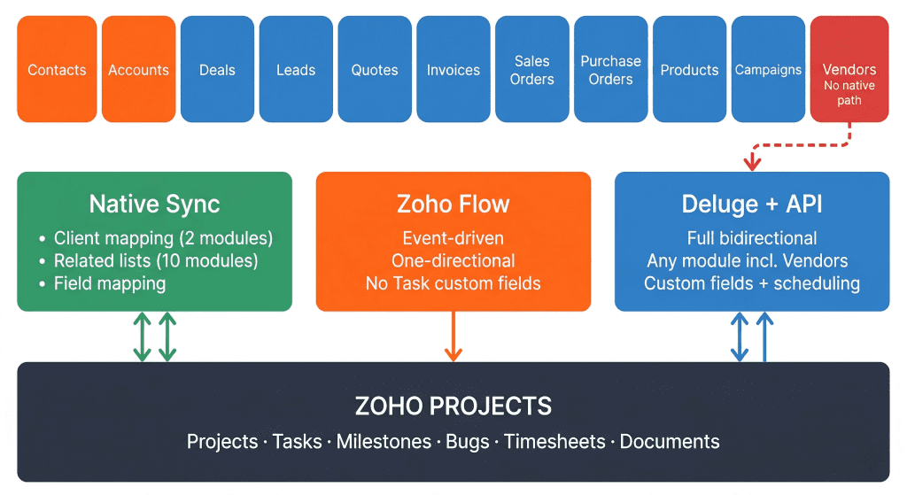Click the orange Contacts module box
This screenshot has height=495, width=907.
[x=57, y=69]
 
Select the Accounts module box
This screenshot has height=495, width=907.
[x=138, y=69]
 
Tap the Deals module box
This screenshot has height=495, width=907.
[x=217, y=69]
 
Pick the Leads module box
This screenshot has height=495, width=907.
[x=296, y=69]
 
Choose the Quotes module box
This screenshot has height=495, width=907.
[x=375, y=69]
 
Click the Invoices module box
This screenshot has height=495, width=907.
[x=453, y=69]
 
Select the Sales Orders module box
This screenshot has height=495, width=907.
[x=532, y=69]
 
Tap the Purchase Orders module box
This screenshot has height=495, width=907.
[x=611, y=69]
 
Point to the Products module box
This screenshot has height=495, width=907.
[x=690, y=69]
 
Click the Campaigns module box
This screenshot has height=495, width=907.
[x=768, y=69]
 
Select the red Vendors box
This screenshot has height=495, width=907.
[x=849, y=69]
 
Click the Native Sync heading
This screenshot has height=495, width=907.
[x=154, y=205]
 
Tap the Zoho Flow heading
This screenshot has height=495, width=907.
[x=453, y=205]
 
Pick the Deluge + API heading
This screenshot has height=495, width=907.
[x=752, y=205]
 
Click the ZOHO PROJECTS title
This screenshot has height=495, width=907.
[x=453, y=406]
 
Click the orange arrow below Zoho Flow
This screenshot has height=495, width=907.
[x=453, y=336]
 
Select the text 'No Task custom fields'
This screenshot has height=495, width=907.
[x=453, y=283]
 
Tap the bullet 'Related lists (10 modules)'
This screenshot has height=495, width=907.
[x=156, y=260]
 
